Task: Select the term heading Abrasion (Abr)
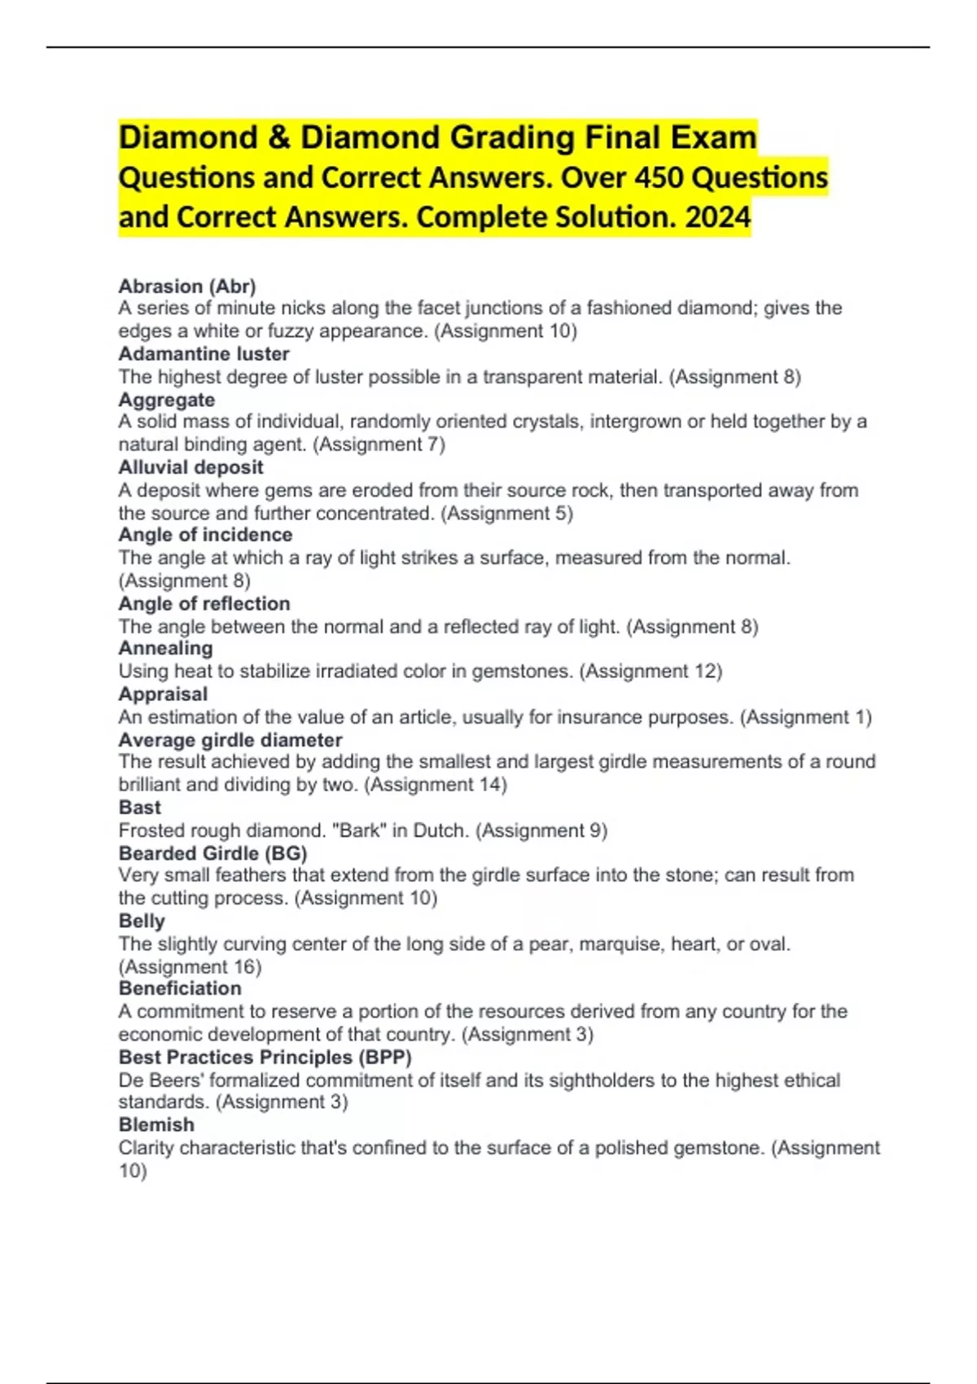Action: click(187, 286)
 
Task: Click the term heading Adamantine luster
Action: click(204, 354)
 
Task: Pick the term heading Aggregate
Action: click(167, 400)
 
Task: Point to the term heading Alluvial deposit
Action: click(191, 467)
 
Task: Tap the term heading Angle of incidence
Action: click(205, 535)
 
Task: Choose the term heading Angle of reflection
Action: click(204, 603)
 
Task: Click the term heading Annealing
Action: click(165, 648)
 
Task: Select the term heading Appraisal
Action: click(163, 694)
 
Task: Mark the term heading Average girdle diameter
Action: click(230, 740)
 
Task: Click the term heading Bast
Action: click(140, 808)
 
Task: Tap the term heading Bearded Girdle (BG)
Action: click(212, 853)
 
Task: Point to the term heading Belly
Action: click(142, 921)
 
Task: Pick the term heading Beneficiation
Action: click(180, 988)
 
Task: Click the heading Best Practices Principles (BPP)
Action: click(265, 1057)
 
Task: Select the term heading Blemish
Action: click(156, 1124)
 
